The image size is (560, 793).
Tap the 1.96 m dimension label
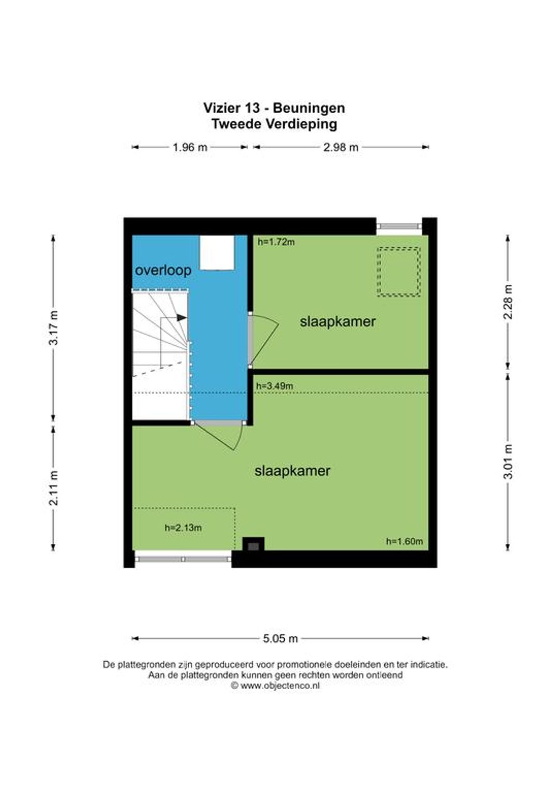(x=190, y=147)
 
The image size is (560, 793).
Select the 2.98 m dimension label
(x=341, y=147)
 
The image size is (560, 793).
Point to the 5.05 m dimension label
(x=280, y=639)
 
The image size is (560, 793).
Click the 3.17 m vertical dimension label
(x=53, y=327)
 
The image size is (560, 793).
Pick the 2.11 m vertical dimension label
(x=53, y=488)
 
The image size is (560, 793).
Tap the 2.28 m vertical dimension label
(x=508, y=302)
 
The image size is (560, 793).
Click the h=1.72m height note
(x=276, y=242)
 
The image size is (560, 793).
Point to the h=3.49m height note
(x=274, y=386)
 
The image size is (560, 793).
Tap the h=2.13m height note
(x=183, y=527)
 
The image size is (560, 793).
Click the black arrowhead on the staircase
(x=181, y=318)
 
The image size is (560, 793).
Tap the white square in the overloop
(x=217, y=252)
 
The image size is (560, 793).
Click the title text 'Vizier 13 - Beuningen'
(x=274, y=107)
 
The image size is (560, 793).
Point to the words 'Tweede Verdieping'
(x=274, y=124)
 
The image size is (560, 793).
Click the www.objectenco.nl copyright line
(x=275, y=686)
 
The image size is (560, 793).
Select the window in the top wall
(x=399, y=226)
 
